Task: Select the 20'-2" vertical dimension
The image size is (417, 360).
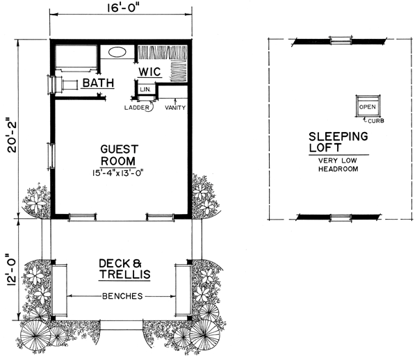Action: (12, 137)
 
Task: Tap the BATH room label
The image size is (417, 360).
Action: (98, 83)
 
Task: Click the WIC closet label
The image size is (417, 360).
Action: (149, 72)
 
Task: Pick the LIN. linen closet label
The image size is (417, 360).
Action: (145, 90)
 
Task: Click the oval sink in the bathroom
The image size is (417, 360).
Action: (117, 52)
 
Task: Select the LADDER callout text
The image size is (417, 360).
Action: (137, 108)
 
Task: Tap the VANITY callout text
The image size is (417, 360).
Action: (175, 108)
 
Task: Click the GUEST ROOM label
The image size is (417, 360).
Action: (119, 155)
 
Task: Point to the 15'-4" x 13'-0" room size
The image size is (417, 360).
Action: (118, 173)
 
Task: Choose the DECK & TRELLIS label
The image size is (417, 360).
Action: (124, 269)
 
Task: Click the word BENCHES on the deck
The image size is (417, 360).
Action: (122, 296)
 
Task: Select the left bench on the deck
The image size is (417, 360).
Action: (59, 290)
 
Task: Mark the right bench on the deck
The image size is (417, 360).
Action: (183, 290)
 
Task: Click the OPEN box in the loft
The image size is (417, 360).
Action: (368, 106)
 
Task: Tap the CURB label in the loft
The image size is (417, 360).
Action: (376, 121)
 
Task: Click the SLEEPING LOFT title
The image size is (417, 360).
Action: (338, 142)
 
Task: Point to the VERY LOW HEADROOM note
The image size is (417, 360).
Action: (338, 165)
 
